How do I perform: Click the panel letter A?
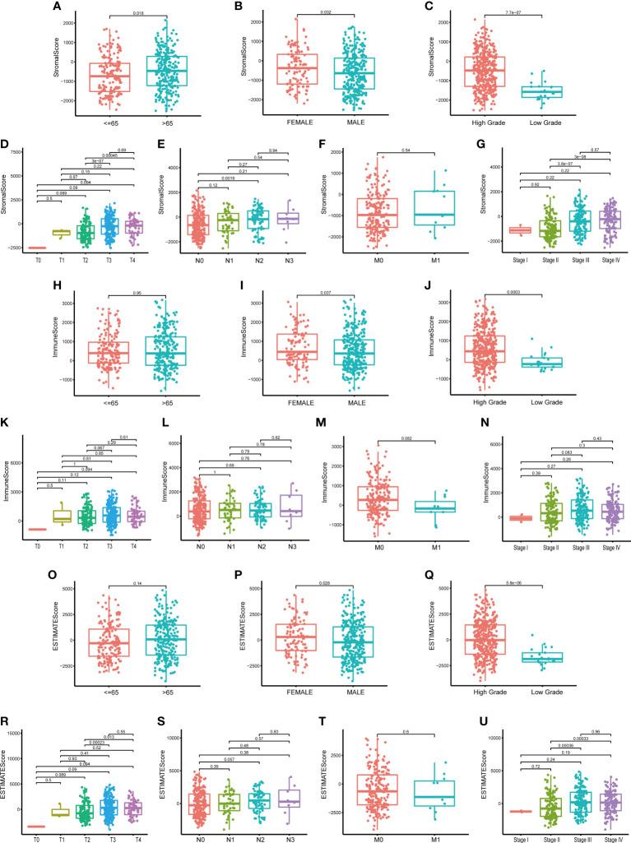coord(7,7)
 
